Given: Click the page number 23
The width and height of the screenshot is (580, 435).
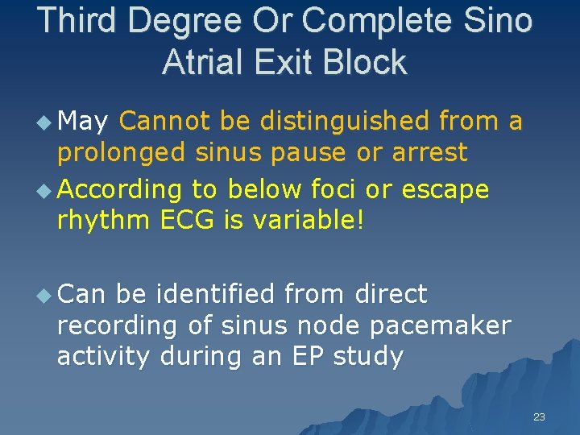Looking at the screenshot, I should pos(539,416).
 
